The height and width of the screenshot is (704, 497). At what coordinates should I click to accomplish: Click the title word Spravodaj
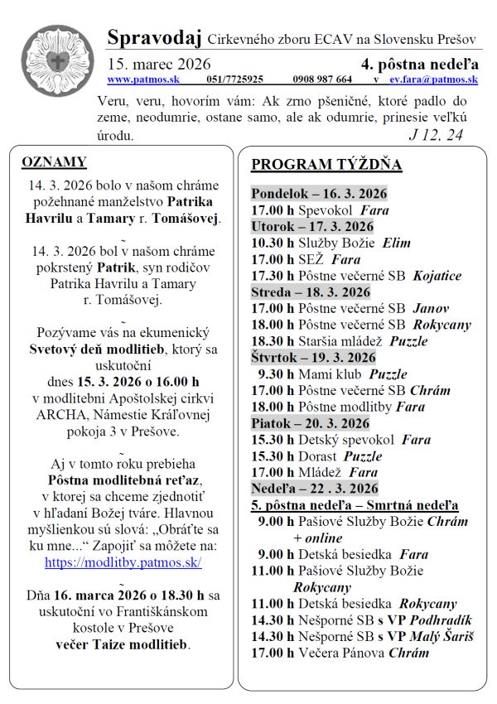click(x=153, y=37)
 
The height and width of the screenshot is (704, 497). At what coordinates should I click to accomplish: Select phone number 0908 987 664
click(x=322, y=80)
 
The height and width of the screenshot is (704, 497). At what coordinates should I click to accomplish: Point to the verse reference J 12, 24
click(x=436, y=135)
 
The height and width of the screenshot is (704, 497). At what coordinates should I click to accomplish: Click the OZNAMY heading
click(x=54, y=162)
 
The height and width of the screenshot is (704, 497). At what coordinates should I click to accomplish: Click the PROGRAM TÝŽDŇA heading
click(x=326, y=164)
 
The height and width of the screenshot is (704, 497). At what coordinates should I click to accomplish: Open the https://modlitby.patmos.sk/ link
click(x=123, y=562)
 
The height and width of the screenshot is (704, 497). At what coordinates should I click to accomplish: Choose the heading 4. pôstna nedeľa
click(x=419, y=64)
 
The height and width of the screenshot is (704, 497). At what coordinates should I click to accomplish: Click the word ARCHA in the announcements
click(x=60, y=415)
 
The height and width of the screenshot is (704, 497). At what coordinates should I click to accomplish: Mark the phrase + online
click(x=318, y=538)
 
